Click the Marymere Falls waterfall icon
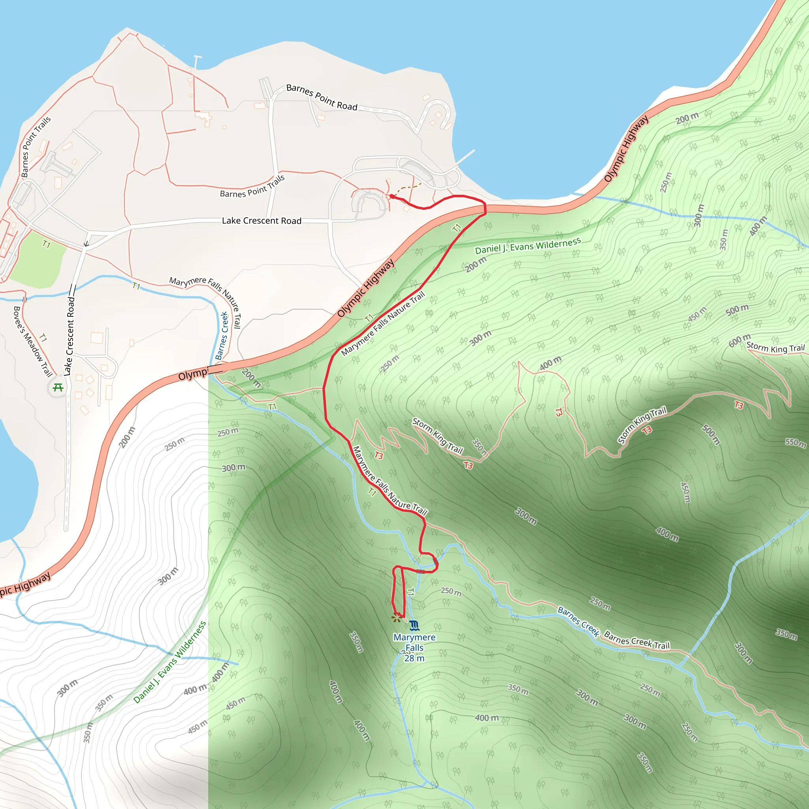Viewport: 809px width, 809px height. [x=414, y=626]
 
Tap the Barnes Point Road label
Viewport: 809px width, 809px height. [x=322, y=97]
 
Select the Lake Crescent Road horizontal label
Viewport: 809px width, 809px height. [x=262, y=221]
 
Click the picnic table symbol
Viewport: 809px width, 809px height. [x=58, y=388]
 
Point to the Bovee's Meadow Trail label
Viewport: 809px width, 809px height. [x=33, y=341]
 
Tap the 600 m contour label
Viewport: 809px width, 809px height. [x=739, y=341]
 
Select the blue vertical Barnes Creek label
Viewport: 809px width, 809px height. [x=222, y=336]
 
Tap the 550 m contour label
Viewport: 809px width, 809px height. [x=795, y=442]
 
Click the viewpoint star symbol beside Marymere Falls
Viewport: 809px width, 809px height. [x=396, y=618]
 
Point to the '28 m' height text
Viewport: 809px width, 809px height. [x=414, y=658]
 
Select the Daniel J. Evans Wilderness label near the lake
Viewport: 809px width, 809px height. [x=528, y=246]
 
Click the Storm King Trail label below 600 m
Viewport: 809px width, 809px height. [x=775, y=348]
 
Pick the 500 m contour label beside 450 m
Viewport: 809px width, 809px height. [x=738, y=310]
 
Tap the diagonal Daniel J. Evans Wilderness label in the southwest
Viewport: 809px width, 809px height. [x=169, y=662]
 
